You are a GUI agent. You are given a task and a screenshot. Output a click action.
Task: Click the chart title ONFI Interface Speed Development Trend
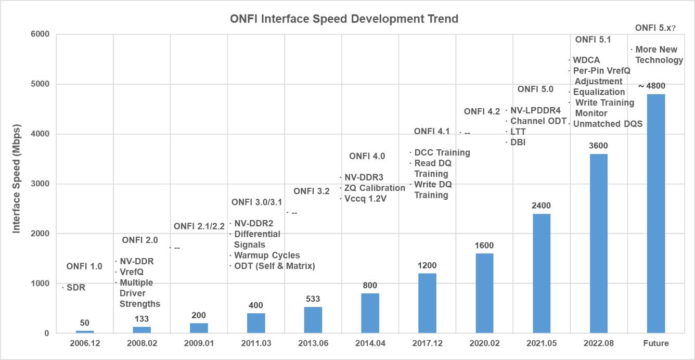344,19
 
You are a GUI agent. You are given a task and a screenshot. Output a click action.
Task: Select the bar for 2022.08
599,243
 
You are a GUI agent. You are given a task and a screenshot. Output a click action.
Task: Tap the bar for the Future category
655,213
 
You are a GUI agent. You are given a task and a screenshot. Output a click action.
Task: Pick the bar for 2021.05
542,273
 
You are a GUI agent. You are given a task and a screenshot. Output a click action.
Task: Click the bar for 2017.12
428,303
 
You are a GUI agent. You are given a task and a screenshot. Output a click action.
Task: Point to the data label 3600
599,146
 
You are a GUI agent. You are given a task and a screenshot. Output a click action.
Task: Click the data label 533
313,299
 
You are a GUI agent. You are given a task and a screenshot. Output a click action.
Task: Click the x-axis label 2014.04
370,343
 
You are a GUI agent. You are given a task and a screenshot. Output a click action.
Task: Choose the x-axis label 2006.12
85,343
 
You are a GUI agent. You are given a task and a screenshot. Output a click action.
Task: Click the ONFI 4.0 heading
367,156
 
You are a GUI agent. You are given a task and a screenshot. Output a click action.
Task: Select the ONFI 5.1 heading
593,40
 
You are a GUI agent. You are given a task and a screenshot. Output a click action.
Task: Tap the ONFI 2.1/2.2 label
199,226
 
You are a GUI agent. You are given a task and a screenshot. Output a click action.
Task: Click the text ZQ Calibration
375,188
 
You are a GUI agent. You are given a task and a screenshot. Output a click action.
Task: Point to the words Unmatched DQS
608,124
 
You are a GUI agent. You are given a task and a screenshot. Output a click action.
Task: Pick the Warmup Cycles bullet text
267,255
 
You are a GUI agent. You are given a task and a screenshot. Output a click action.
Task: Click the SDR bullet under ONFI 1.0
76,288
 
